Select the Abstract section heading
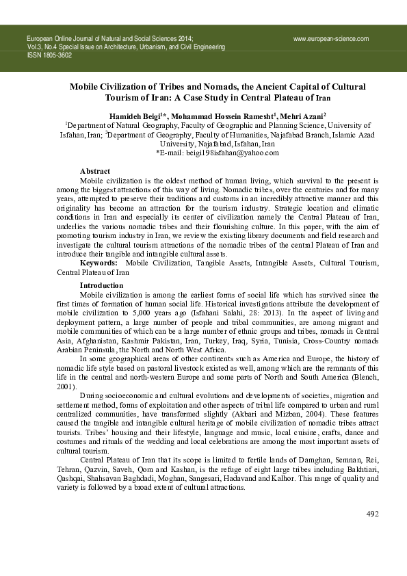(x=95, y=171)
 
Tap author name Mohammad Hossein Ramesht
(x=221, y=116)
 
